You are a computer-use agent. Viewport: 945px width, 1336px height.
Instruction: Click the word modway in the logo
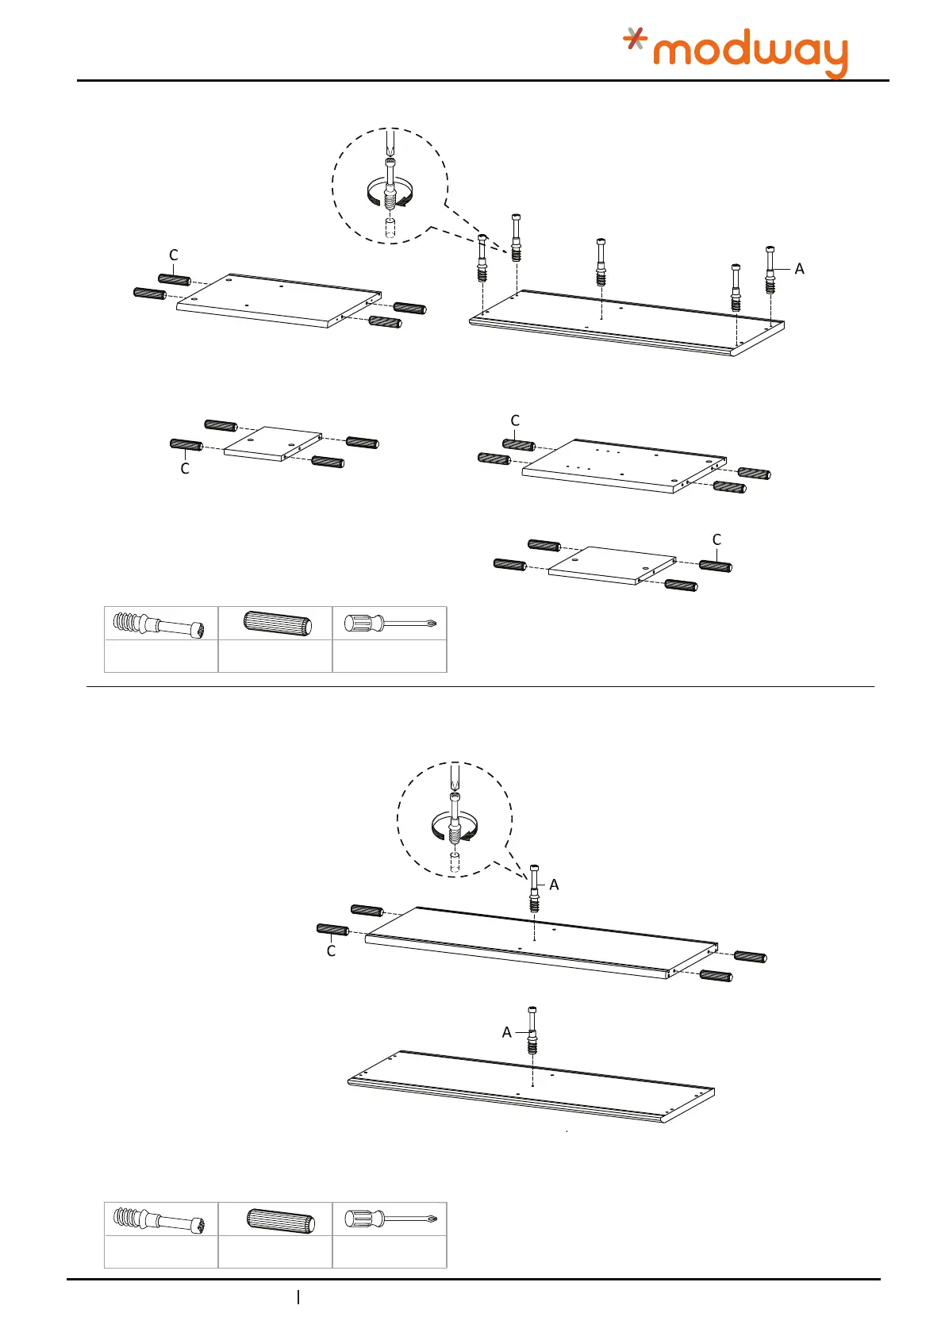750,54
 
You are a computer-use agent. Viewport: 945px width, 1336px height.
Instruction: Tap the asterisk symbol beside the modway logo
634,38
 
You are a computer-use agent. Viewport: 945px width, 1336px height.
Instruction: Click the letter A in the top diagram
799,269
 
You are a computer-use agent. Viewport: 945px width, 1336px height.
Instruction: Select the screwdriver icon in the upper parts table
390,624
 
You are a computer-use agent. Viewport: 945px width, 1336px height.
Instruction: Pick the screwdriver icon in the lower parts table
390,1218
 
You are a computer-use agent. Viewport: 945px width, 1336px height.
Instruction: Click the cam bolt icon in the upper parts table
160,624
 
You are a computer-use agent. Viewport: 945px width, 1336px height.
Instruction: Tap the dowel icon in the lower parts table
275,1218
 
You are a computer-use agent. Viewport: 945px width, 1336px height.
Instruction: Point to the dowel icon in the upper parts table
275,624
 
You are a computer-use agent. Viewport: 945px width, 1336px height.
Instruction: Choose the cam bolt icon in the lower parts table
160,1219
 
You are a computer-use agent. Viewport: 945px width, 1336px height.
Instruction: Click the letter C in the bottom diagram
331,951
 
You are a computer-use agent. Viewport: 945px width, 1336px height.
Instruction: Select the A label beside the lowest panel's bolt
506,1032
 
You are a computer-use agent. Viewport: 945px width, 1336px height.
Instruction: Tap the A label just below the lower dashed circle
554,885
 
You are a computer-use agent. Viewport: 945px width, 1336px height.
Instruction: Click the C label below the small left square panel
185,469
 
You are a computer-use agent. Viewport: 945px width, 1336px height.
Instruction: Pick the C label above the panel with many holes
515,420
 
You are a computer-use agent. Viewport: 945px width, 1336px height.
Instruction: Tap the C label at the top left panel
174,255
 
